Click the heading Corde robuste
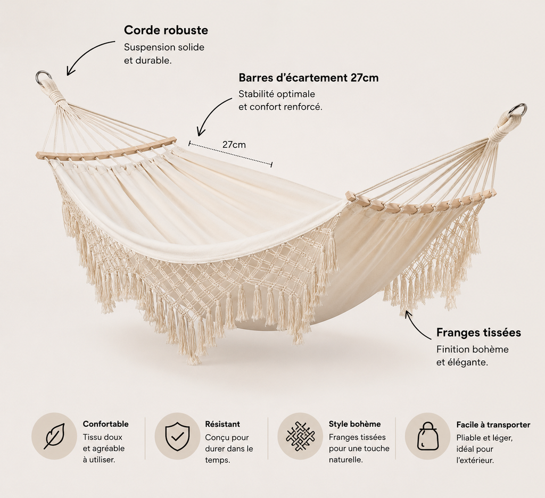[166, 30]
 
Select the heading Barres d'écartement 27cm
[308, 78]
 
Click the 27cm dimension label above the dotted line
[234, 144]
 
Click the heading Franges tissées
[478, 333]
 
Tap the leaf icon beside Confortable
[54, 436]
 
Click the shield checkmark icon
[177, 436]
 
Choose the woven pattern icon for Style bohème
[300, 436]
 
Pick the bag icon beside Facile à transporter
[427, 436]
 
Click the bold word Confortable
[106, 424]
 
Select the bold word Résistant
[222, 424]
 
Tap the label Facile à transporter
[493, 425]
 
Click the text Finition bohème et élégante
[473, 356]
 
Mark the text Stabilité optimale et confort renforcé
[280, 101]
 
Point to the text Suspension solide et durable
[164, 54]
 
